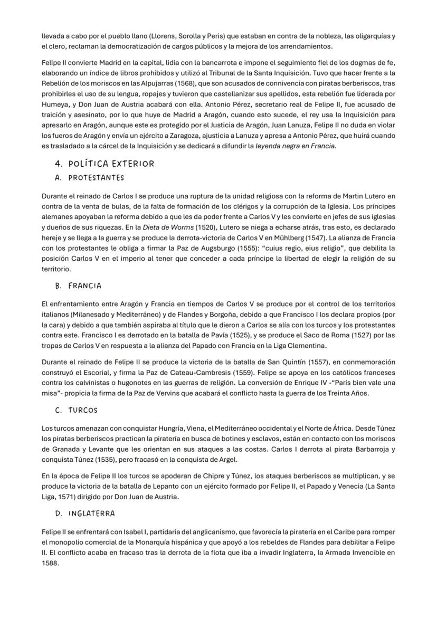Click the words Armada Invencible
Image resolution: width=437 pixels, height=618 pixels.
tap(361, 552)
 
